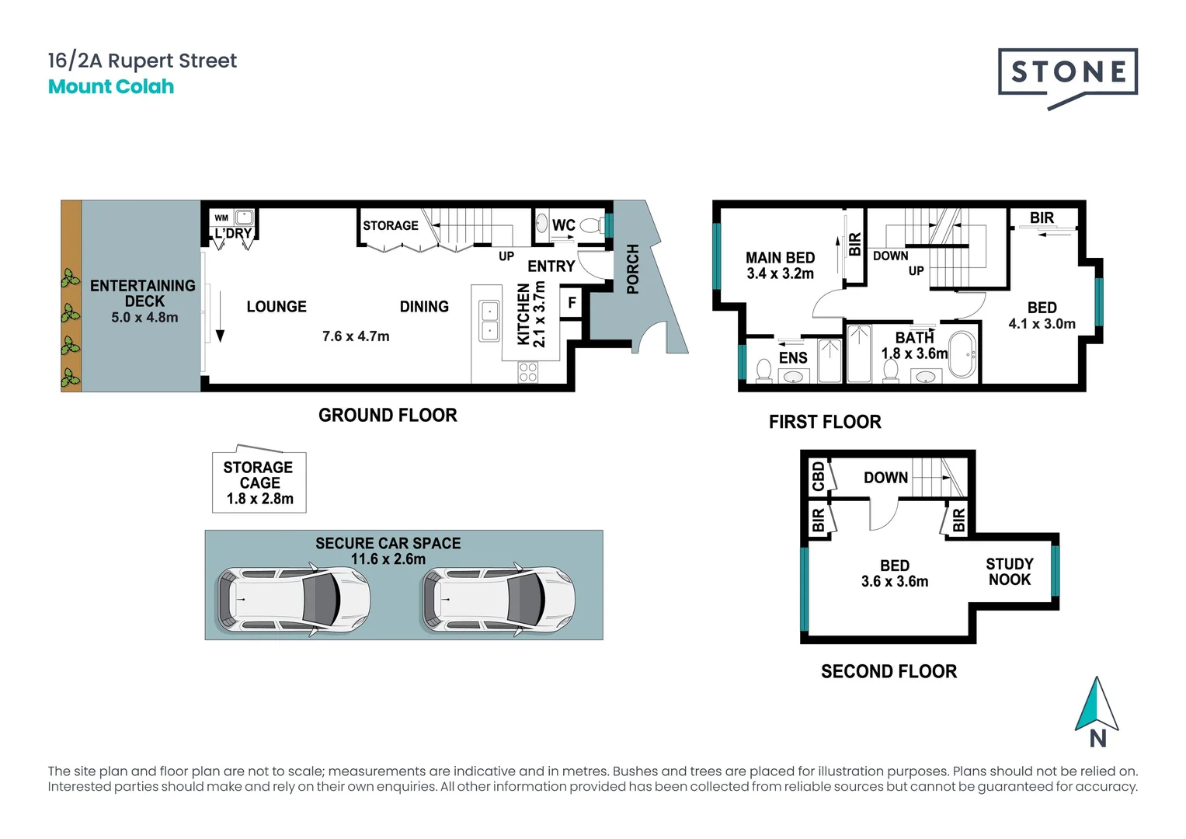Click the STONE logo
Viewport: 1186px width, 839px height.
[x=1067, y=78]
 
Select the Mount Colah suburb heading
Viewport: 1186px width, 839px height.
[x=111, y=86]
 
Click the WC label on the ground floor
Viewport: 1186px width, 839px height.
[x=563, y=225]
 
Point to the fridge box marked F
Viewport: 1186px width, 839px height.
[x=572, y=302]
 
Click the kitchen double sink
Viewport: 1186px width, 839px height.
[x=489, y=321]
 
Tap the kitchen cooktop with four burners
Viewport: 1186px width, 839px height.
[x=528, y=372]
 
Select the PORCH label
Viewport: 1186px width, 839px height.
[x=633, y=269]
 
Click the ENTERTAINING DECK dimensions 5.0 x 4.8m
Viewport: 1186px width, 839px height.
[x=144, y=317]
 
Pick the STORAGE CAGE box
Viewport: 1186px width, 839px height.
[x=259, y=482]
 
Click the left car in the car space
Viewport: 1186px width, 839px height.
[x=294, y=599]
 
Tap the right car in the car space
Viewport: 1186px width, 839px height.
[x=498, y=599]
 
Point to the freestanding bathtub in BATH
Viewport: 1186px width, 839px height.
[x=962, y=355]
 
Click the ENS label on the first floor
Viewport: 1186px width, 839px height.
[x=792, y=358]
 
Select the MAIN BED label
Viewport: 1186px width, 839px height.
[x=781, y=258]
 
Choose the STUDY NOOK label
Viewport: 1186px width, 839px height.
[x=1010, y=572]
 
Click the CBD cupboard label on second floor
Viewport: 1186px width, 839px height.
[x=819, y=476]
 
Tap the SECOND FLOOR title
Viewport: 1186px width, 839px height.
[x=889, y=672]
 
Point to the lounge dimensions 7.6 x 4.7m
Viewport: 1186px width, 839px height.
[x=356, y=336]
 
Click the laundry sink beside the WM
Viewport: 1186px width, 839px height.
[x=244, y=218]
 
